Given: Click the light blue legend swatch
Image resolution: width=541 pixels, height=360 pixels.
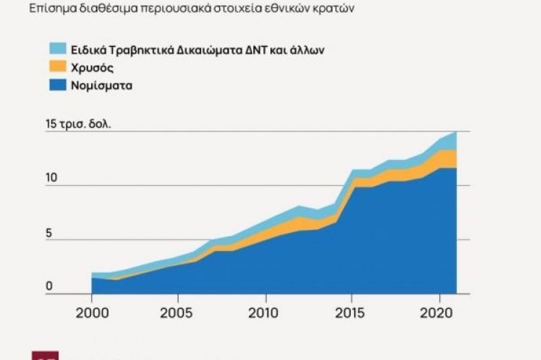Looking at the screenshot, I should click(58, 50).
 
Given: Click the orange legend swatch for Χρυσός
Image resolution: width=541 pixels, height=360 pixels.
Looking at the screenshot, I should click(58, 68).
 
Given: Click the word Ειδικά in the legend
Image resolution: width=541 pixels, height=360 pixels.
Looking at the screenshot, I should click(88, 50).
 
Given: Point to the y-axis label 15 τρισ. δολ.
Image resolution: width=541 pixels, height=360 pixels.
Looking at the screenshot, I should click(78, 124).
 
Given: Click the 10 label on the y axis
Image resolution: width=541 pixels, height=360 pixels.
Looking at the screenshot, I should click(51, 179).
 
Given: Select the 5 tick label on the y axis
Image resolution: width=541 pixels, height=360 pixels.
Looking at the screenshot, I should click(49, 233).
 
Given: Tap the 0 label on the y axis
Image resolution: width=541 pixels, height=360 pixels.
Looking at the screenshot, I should click(49, 288).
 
